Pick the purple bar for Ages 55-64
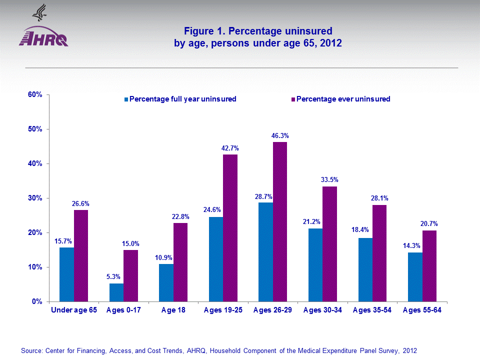coord(429,266)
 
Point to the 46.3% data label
coord(280,135)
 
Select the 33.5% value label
coord(330,179)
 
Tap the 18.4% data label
coord(362,231)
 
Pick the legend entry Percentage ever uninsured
coord(343,99)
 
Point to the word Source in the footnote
coord(32,350)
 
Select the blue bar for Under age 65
coord(66,274)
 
